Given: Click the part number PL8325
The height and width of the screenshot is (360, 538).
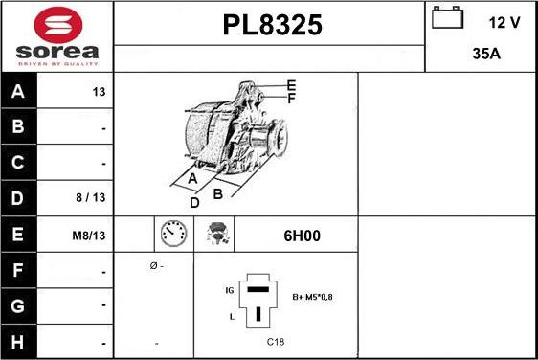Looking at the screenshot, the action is point(273,25).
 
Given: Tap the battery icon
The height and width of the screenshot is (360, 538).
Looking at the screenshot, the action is point(447,17).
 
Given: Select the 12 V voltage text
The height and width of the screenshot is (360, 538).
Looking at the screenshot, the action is point(504,23).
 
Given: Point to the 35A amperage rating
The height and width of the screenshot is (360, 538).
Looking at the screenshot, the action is point(486,54).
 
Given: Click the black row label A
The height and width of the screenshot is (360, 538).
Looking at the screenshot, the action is point(18,91).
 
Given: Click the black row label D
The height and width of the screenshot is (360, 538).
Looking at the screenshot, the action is point(17,198).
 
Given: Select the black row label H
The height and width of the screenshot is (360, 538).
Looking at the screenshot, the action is point(17,342).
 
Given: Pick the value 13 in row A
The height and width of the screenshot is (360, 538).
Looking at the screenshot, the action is point(99,92).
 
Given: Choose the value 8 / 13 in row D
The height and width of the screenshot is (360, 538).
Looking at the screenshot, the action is point(91,197).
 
